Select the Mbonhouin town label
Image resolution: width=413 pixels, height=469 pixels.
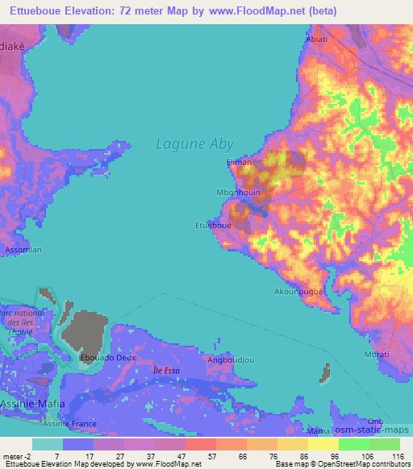(240, 193)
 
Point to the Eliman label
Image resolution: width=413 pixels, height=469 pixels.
(240, 163)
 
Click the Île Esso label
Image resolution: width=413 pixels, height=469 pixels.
(166, 370)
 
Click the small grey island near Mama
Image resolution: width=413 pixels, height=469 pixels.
(327, 374)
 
